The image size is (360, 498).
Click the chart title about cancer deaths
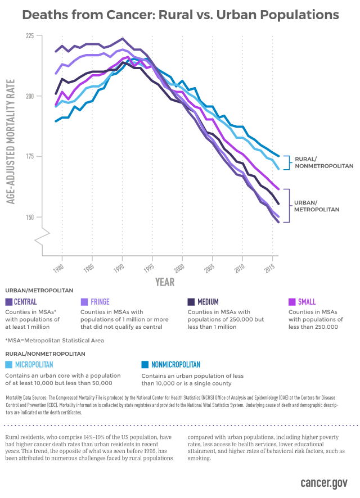click(x=180, y=15)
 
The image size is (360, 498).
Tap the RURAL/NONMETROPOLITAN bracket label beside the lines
click(x=323, y=163)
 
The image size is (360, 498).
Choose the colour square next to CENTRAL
click(x=8, y=302)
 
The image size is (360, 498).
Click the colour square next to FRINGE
click(x=84, y=302)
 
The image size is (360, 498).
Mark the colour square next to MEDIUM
click(x=191, y=302)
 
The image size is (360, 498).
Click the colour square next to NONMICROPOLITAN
click(x=145, y=365)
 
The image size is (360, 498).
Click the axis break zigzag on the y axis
click(x=43, y=237)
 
